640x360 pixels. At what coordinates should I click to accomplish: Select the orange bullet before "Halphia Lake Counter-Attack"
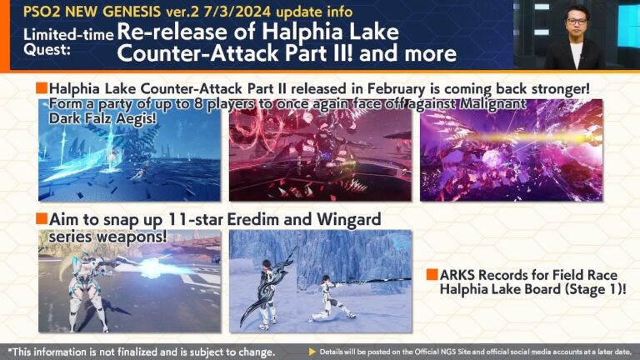point(41,88)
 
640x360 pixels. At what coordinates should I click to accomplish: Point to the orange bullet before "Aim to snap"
point(41,219)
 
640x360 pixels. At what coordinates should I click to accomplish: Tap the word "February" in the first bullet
point(360,88)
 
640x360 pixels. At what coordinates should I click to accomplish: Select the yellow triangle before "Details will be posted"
point(313,351)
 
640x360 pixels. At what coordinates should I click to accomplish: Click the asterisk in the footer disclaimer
point(9,350)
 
